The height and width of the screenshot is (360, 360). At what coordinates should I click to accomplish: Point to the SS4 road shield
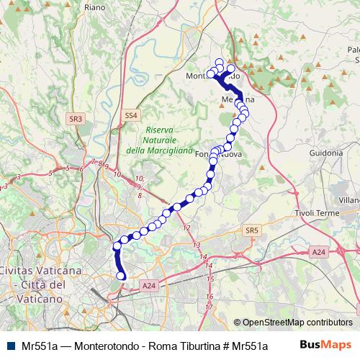[130, 115]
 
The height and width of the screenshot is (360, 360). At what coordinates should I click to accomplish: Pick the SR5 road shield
[251, 230]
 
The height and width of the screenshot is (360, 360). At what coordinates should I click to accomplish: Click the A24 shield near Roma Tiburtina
[149, 286]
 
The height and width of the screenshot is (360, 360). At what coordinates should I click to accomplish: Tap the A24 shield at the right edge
[319, 251]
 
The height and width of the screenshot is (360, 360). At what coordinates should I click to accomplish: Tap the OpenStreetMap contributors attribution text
[297, 323]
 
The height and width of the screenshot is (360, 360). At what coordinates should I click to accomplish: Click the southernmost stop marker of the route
[121, 276]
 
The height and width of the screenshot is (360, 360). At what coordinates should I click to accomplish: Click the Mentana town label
[238, 99]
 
